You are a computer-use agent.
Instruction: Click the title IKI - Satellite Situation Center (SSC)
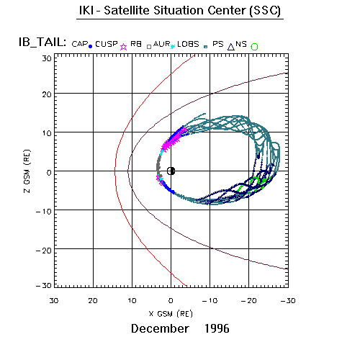[x=180, y=11]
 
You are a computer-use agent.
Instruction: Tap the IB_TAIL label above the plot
[x=42, y=42]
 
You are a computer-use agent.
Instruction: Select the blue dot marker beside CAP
[x=90, y=47]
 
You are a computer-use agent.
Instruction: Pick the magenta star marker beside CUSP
[x=123, y=47]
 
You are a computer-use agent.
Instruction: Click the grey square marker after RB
[x=149, y=47]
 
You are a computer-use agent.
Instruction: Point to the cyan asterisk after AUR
[x=172, y=46]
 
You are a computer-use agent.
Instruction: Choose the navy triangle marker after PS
[x=231, y=47]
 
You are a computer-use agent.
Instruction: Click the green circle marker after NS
[x=254, y=47]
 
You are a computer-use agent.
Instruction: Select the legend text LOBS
[x=188, y=44]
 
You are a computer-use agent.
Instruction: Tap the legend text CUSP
[x=107, y=44]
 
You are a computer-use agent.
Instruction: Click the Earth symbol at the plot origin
[x=171, y=171]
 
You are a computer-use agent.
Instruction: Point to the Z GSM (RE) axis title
[x=27, y=171]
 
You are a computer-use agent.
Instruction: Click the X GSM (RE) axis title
[x=171, y=314]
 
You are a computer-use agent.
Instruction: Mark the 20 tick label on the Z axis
[x=47, y=94]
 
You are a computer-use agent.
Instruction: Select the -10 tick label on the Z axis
[x=44, y=212]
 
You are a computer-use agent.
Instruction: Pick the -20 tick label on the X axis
[x=249, y=300]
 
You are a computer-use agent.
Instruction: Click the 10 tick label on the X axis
[x=132, y=300]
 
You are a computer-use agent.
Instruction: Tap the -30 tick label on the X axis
[x=288, y=300]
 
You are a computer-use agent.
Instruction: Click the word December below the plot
[x=160, y=328]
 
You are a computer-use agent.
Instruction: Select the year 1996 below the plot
[x=217, y=328]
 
